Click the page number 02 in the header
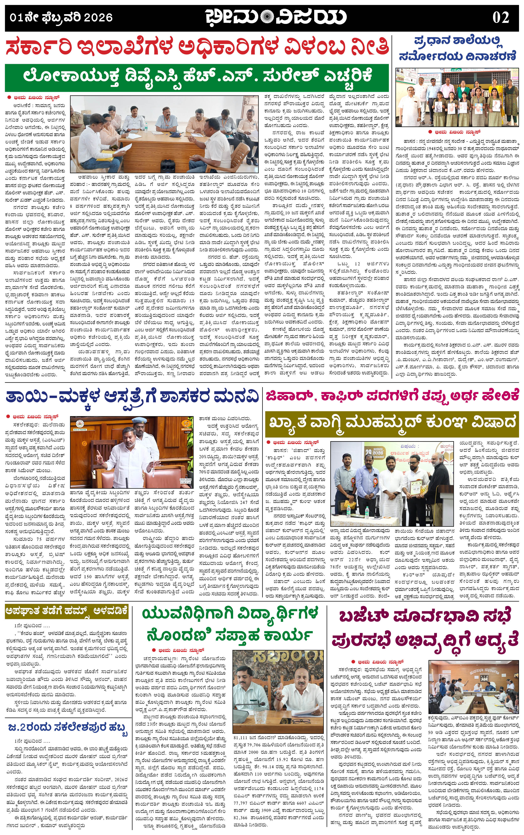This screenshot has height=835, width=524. (x=501, y=17)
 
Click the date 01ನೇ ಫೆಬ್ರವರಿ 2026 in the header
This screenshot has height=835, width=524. (x=61, y=17)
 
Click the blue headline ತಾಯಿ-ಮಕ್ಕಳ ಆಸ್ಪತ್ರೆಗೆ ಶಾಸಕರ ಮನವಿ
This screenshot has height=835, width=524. (x=132, y=397)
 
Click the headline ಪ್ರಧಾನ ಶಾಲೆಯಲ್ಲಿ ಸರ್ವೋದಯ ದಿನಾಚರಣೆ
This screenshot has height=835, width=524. (x=457, y=48)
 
